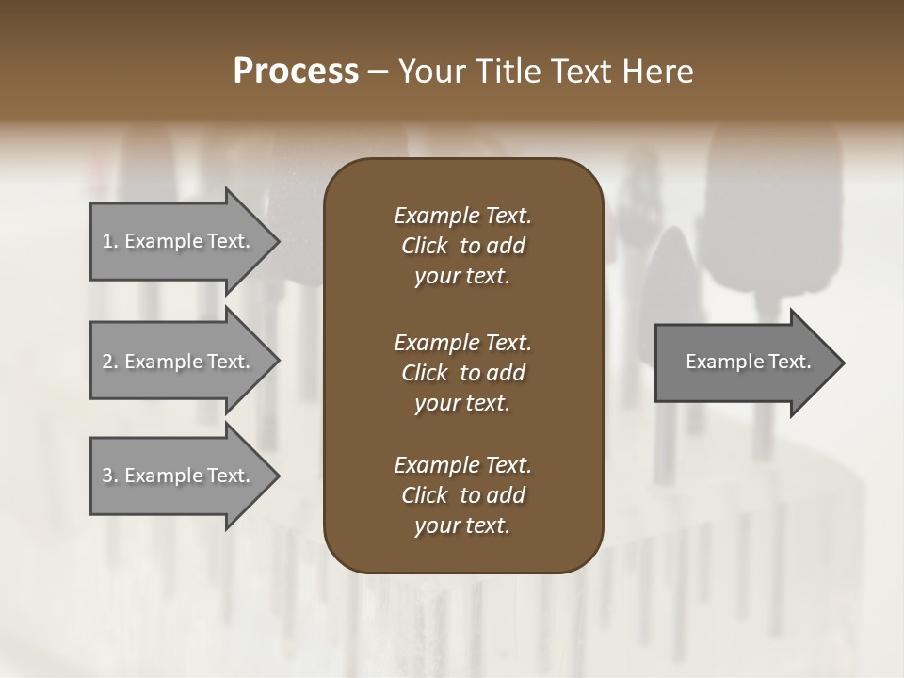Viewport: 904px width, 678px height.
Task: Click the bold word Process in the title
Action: (x=296, y=72)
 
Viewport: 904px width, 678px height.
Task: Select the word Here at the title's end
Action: (x=656, y=72)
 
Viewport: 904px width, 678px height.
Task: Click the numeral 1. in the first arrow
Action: (x=110, y=241)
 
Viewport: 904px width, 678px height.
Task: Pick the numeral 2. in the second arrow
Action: (x=110, y=362)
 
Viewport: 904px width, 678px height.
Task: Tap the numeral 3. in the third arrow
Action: (x=110, y=476)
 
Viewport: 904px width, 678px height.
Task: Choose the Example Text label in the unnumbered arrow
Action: (x=748, y=362)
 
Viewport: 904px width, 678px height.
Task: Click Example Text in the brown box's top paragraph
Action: (x=462, y=216)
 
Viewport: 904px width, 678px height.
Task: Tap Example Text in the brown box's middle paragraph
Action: (x=462, y=343)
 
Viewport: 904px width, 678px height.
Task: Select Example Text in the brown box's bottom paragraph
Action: (x=462, y=465)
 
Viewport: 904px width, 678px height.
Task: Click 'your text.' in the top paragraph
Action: (x=462, y=277)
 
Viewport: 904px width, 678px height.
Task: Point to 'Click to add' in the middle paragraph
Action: (x=462, y=373)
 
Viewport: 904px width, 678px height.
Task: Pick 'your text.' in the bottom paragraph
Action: (x=462, y=526)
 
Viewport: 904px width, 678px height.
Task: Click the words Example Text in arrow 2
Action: (x=187, y=362)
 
